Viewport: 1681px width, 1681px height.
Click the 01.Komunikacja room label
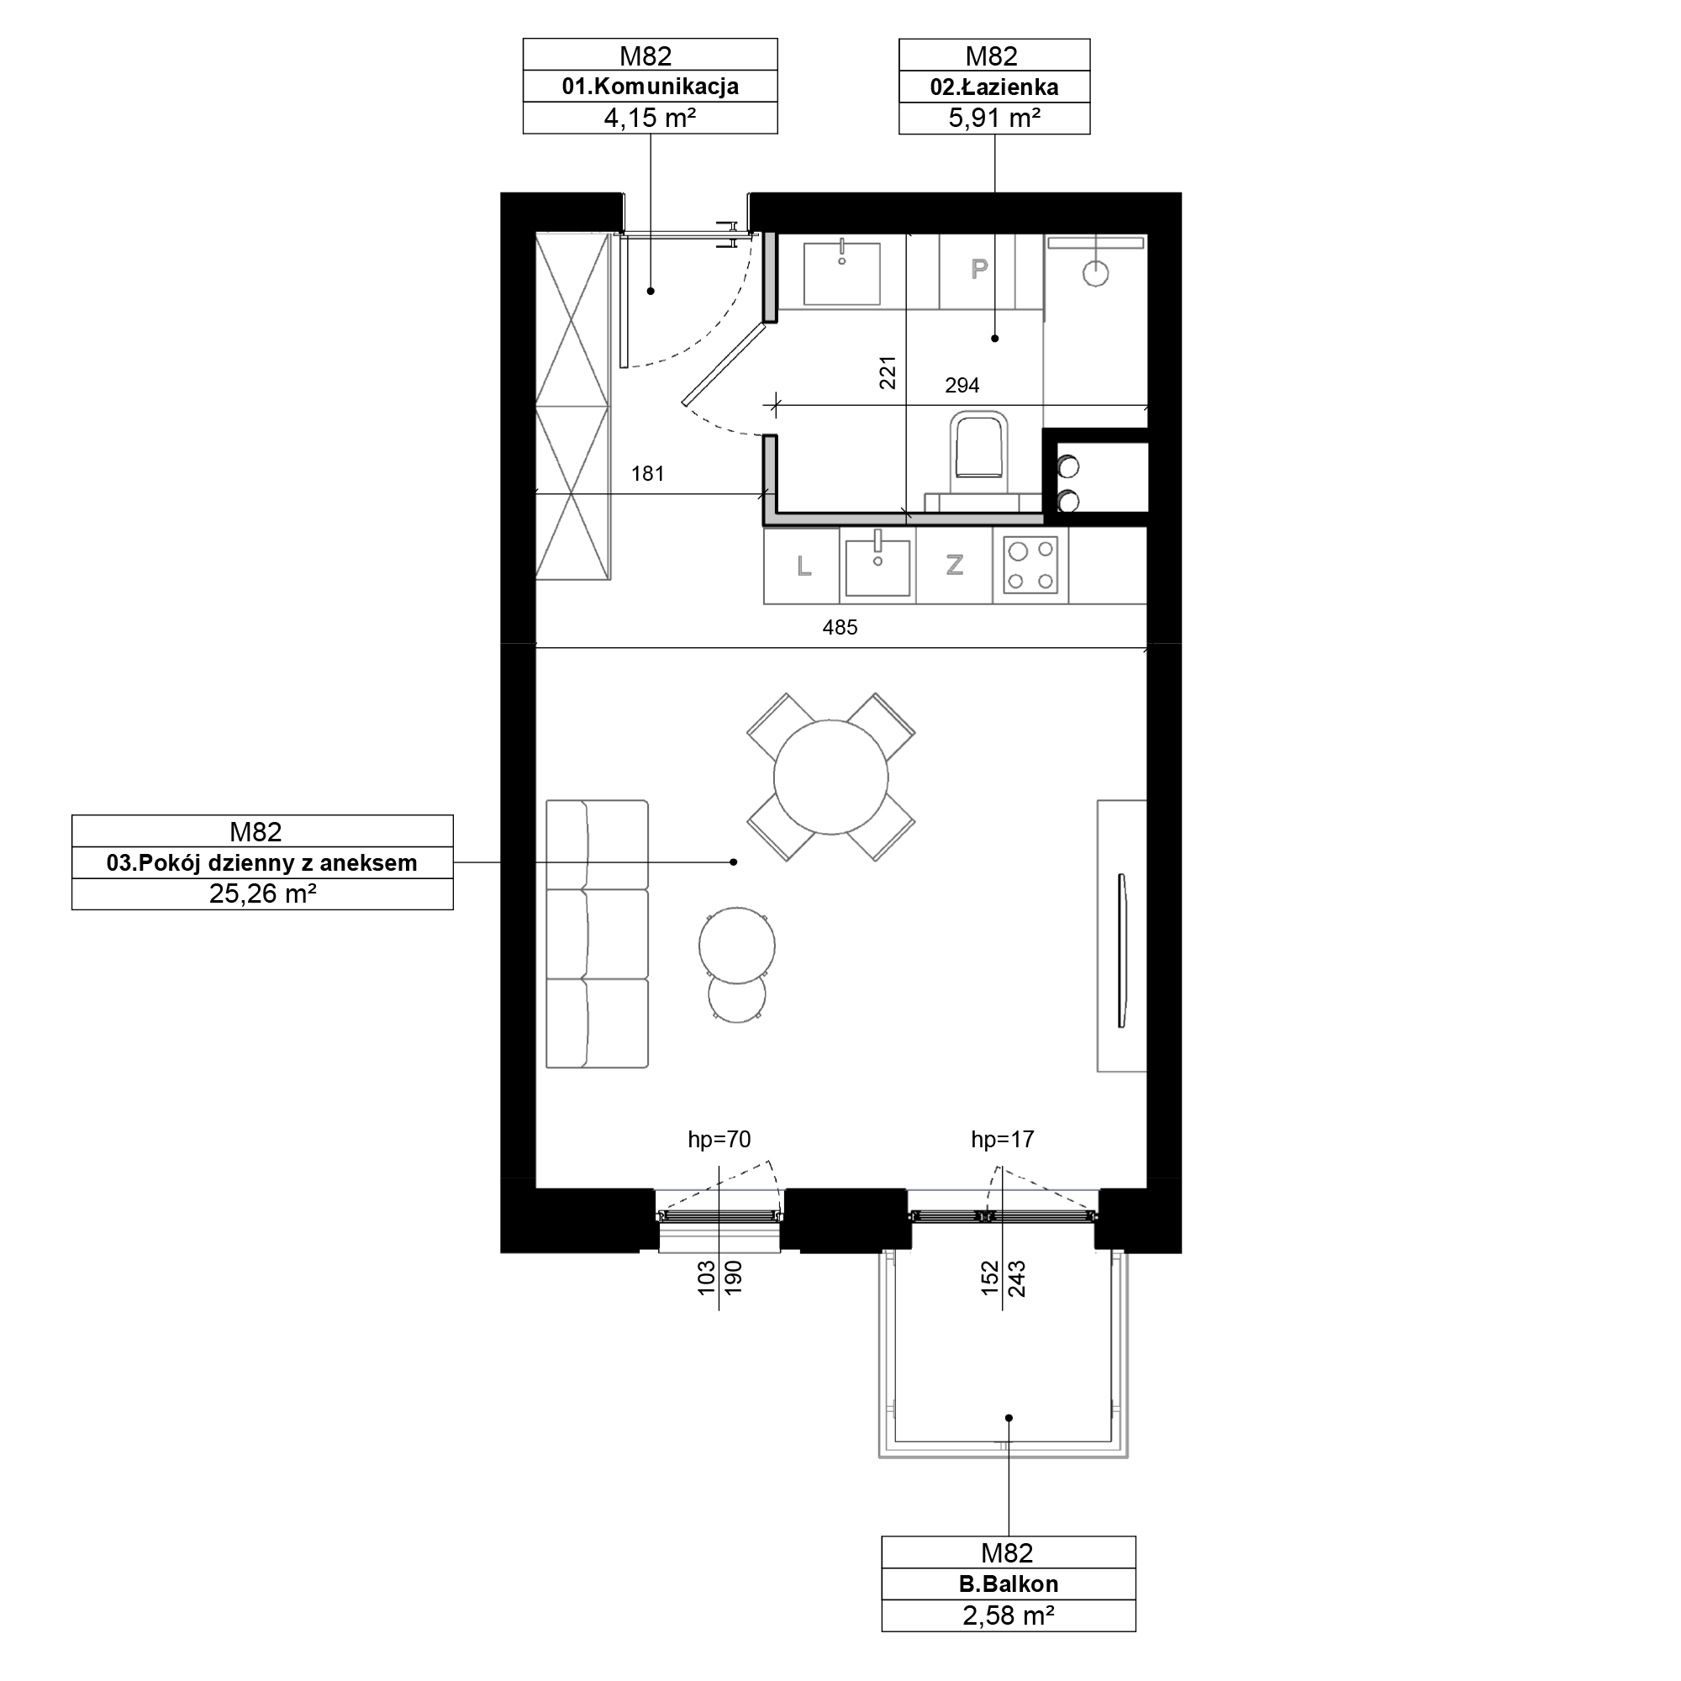[x=650, y=86]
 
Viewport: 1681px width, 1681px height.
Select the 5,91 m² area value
[x=994, y=118]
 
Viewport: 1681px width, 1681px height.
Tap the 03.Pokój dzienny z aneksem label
[x=262, y=862]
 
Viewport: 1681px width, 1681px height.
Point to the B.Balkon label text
[x=1009, y=1584]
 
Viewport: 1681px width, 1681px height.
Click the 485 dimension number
[x=840, y=626]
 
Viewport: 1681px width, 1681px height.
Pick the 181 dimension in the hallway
[x=647, y=473]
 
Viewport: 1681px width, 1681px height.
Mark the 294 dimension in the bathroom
[x=962, y=385]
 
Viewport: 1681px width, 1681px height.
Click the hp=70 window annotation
[x=719, y=1138]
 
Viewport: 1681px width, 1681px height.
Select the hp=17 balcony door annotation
[x=1003, y=1138]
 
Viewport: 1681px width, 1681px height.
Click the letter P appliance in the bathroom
[x=979, y=269]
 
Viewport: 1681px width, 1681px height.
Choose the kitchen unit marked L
[x=802, y=566]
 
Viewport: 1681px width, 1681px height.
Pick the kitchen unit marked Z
[x=955, y=566]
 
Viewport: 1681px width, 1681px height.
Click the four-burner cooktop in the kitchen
[x=1031, y=566]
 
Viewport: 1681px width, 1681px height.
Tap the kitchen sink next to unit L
[x=878, y=566]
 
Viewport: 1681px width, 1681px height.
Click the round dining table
[x=831, y=777]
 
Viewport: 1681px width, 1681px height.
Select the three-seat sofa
[x=597, y=934]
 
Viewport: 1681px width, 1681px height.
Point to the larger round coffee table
[x=737, y=945]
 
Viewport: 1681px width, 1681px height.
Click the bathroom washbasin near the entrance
[x=841, y=273]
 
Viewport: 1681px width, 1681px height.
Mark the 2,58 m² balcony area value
[x=1009, y=1615]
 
